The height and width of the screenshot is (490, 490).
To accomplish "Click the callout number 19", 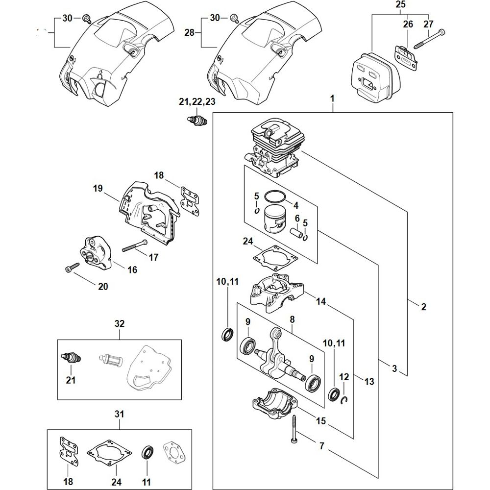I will click(x=98, y=188).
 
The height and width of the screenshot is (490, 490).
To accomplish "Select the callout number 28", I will click(x=190, y=32).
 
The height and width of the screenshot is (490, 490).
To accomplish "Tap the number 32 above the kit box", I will click(x=120, y=323).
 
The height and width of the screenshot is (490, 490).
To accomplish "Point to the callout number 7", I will click(x=321, y=446).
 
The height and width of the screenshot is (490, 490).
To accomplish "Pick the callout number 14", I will click(x=320, y=302).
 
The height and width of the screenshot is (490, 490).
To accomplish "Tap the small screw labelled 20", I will click(x=72, y=268).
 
